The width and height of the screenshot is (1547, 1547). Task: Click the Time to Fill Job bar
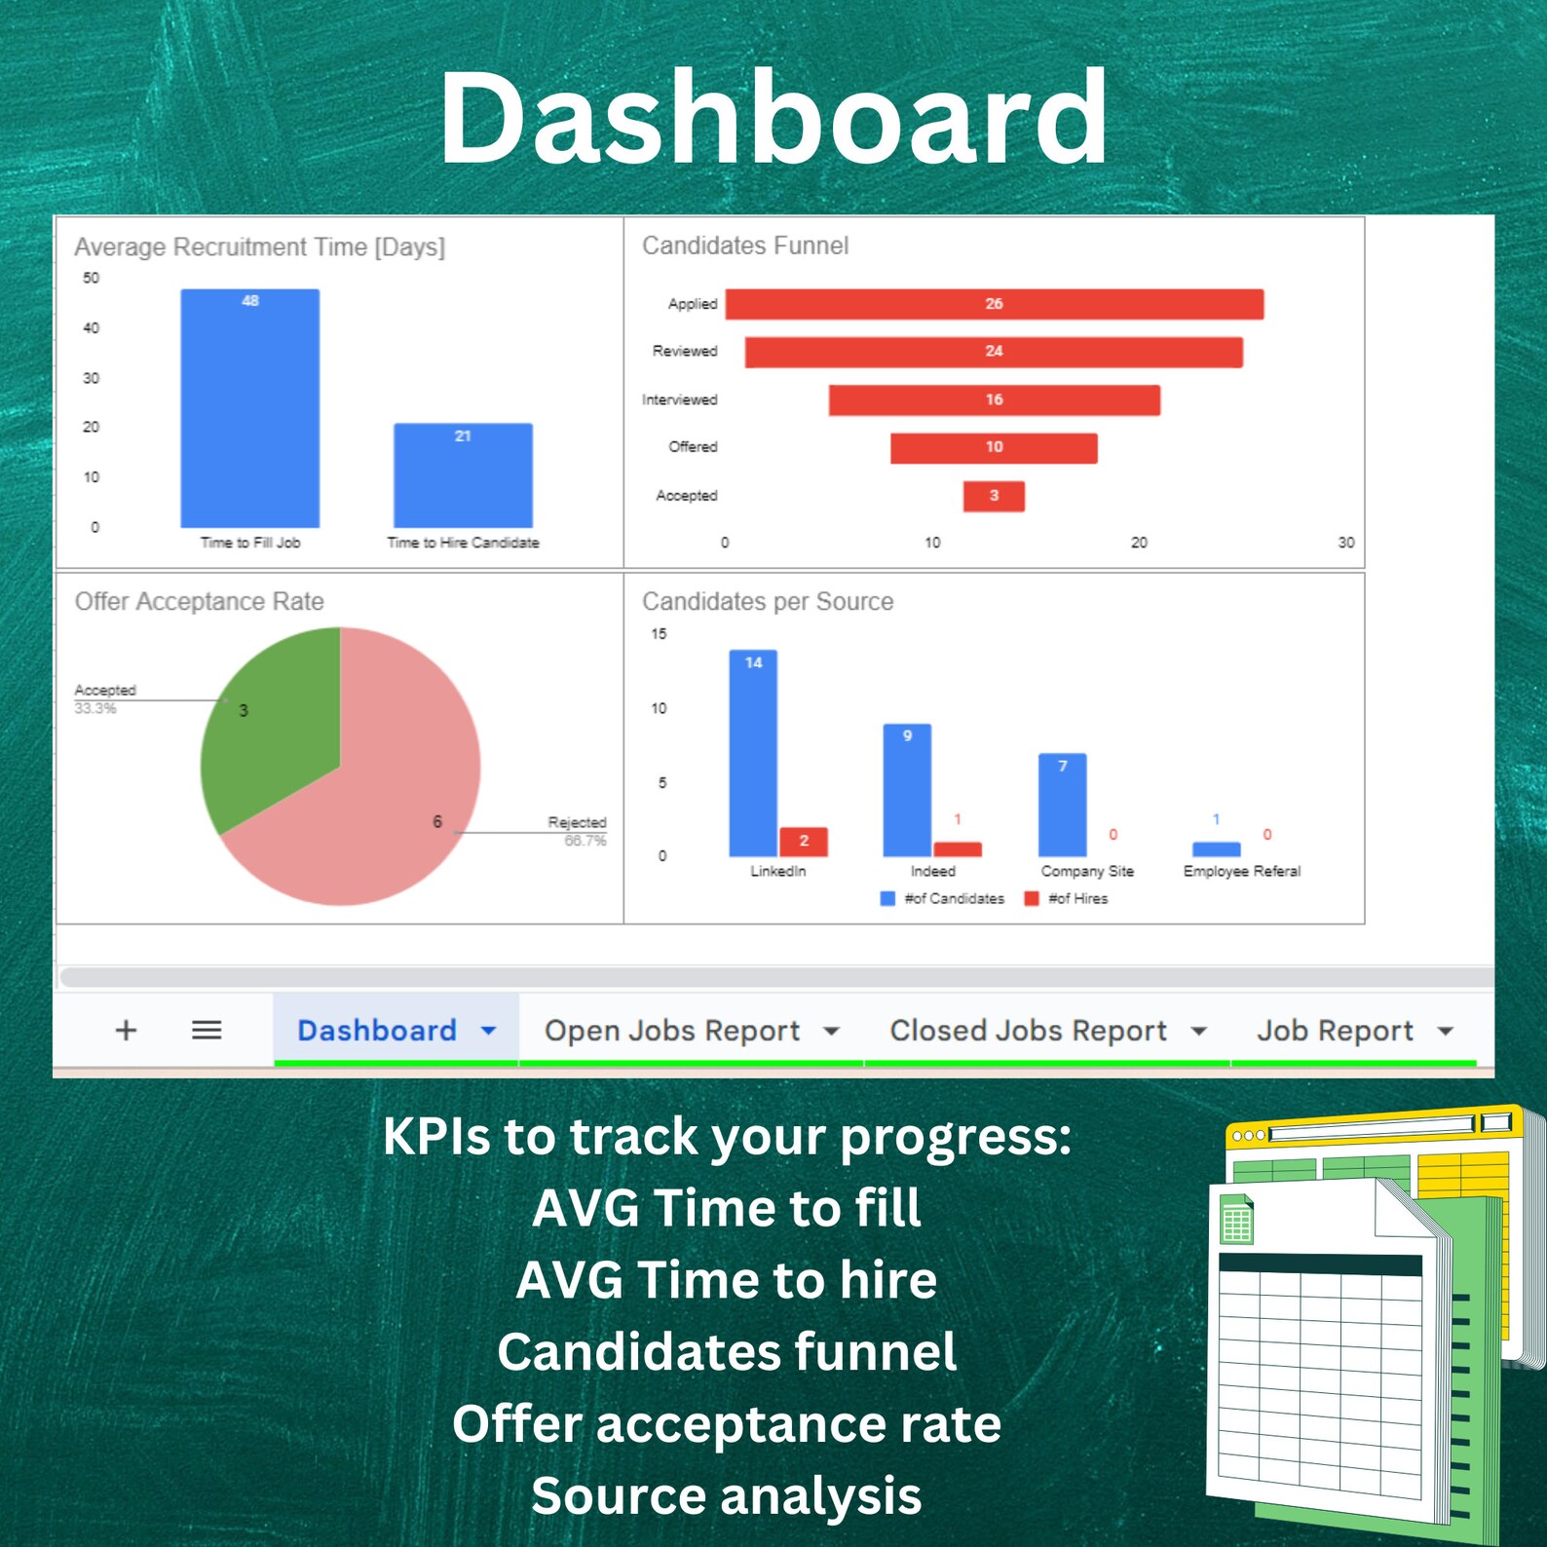250,409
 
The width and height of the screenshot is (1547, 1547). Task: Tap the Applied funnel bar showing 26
994,304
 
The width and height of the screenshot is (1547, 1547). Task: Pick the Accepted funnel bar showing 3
994,496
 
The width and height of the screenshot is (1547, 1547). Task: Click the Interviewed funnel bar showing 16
994,400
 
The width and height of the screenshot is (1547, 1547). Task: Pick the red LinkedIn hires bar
804,842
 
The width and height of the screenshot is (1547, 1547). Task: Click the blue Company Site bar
1062,805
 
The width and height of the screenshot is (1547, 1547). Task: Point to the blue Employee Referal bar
1216,849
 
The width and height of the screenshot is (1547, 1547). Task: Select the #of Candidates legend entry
943,899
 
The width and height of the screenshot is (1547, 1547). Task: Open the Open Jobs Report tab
672,1031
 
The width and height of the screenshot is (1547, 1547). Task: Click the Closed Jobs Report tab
1028,1031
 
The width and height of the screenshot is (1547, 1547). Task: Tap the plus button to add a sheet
126,1030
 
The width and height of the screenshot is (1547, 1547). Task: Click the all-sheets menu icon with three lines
207,1030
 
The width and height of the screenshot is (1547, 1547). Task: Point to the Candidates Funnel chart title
745,245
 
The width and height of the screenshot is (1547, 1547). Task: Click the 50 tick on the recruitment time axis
91,279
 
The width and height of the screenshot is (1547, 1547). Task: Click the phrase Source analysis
727,1495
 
